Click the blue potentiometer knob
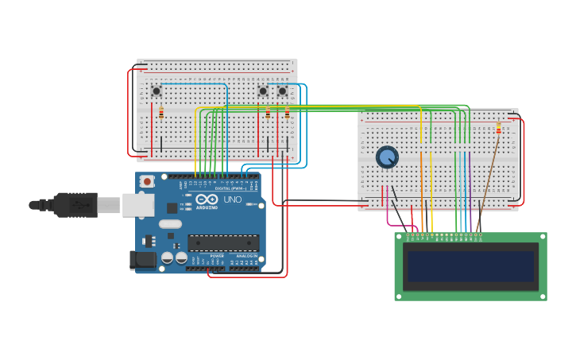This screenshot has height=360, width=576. tap(387, 157)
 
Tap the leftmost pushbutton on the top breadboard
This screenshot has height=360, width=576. tap(157, 91)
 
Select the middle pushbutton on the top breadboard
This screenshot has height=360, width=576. tap(263, 91)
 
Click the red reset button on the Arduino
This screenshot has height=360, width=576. tap(147, 182)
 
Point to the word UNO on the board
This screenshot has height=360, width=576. tap(233, 199)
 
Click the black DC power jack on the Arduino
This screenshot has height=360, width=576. tap(139, 259)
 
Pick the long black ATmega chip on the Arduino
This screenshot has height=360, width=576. tap(223, 242)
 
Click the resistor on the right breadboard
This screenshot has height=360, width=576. tap(498, 129)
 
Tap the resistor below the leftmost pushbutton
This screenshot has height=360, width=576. tap(161, 113)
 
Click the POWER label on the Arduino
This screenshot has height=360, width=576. tap(217, 256)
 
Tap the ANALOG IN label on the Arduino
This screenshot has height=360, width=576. tap(247, 256)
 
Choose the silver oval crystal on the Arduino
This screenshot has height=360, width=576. tap(170, 224)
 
